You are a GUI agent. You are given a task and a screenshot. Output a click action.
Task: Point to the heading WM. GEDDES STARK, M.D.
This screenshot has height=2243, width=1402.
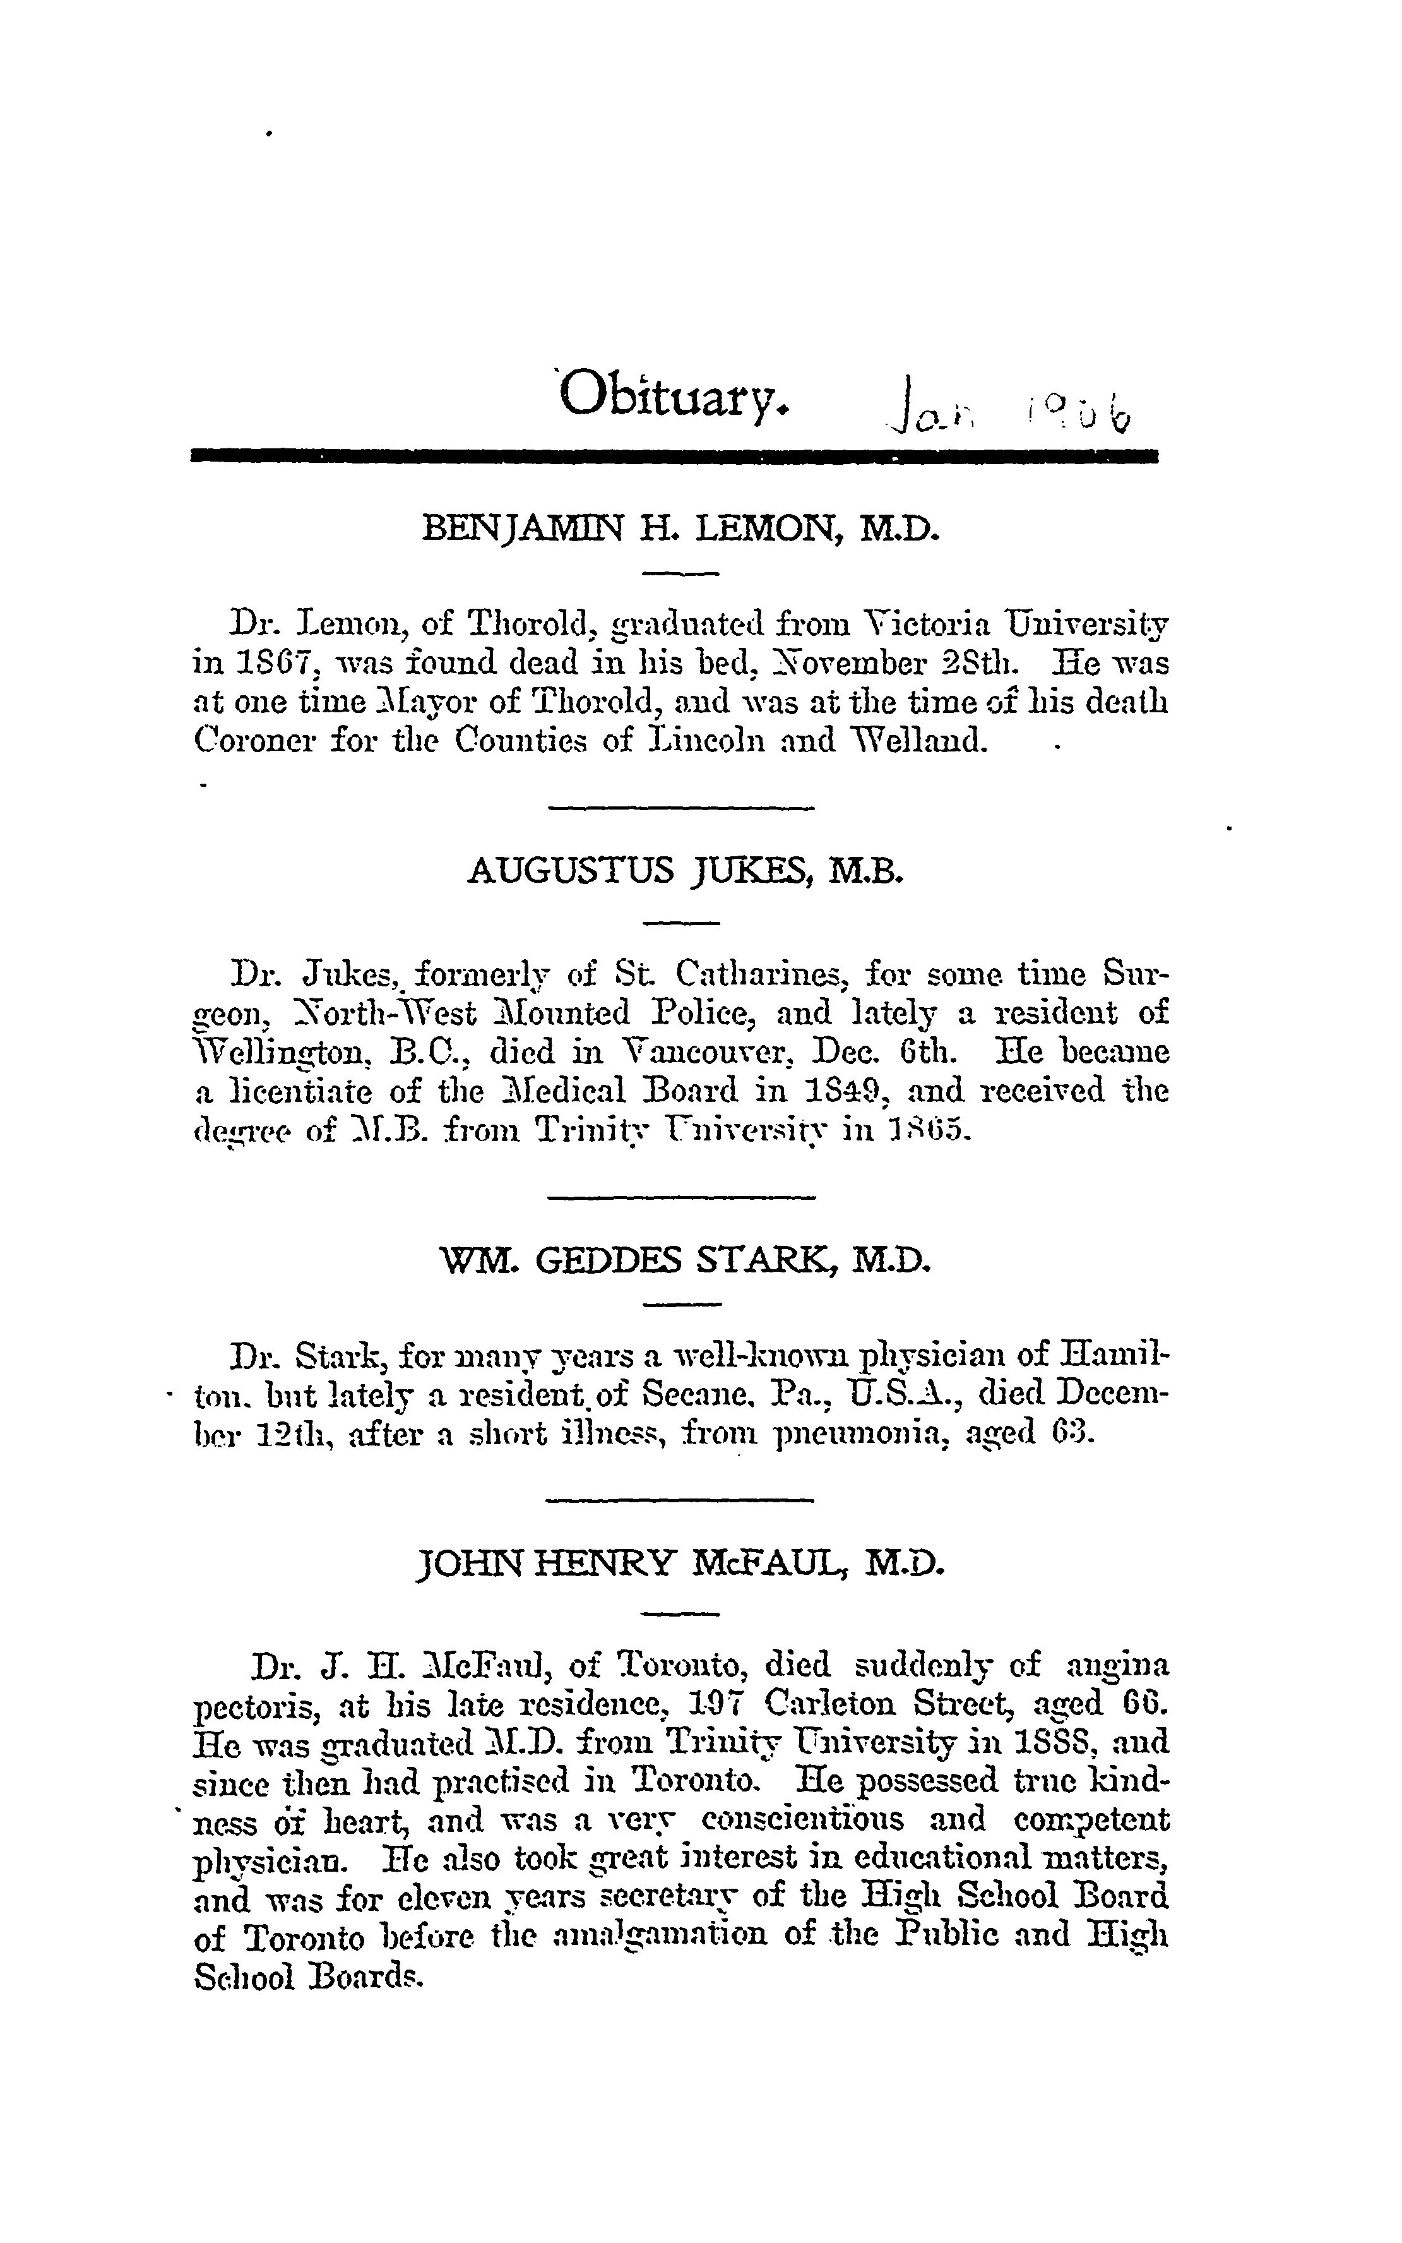[x=684, y=1260]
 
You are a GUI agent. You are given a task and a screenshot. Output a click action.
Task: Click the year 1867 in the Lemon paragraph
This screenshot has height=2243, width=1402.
[x=270, y=665]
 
